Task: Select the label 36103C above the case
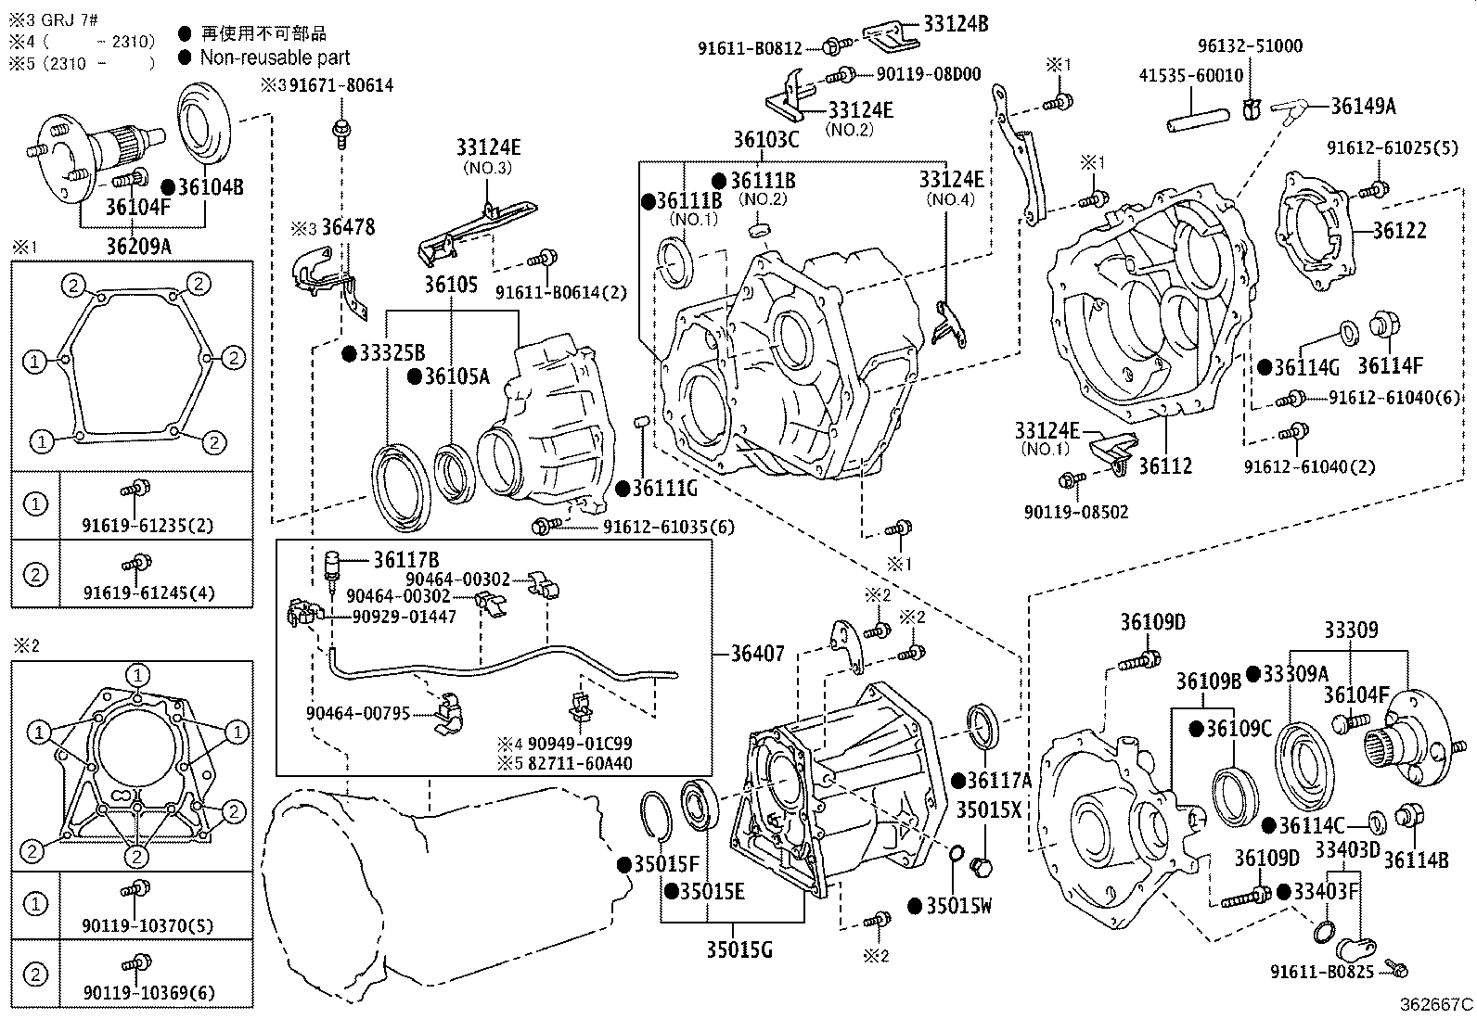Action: pos(765,140)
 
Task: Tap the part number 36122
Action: pos(1399,230)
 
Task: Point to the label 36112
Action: pos(1165,466)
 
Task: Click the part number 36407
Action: pos(757,654)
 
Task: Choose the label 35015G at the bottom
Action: pos(738,949)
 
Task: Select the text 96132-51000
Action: pos(1249,45)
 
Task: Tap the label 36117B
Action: pos(406,560)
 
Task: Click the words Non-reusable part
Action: pos(275,57)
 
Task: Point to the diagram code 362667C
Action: pos(1436,1004)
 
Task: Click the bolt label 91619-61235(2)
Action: pos(148,526)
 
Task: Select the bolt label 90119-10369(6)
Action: pos(148,993)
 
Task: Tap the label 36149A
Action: pos(1363,106)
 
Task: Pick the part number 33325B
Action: pos(392,353)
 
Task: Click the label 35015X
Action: pos(988,809)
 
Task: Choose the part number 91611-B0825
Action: pos(1322,972)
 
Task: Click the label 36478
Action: pos(347,227)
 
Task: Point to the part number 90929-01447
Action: pos(404,617)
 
